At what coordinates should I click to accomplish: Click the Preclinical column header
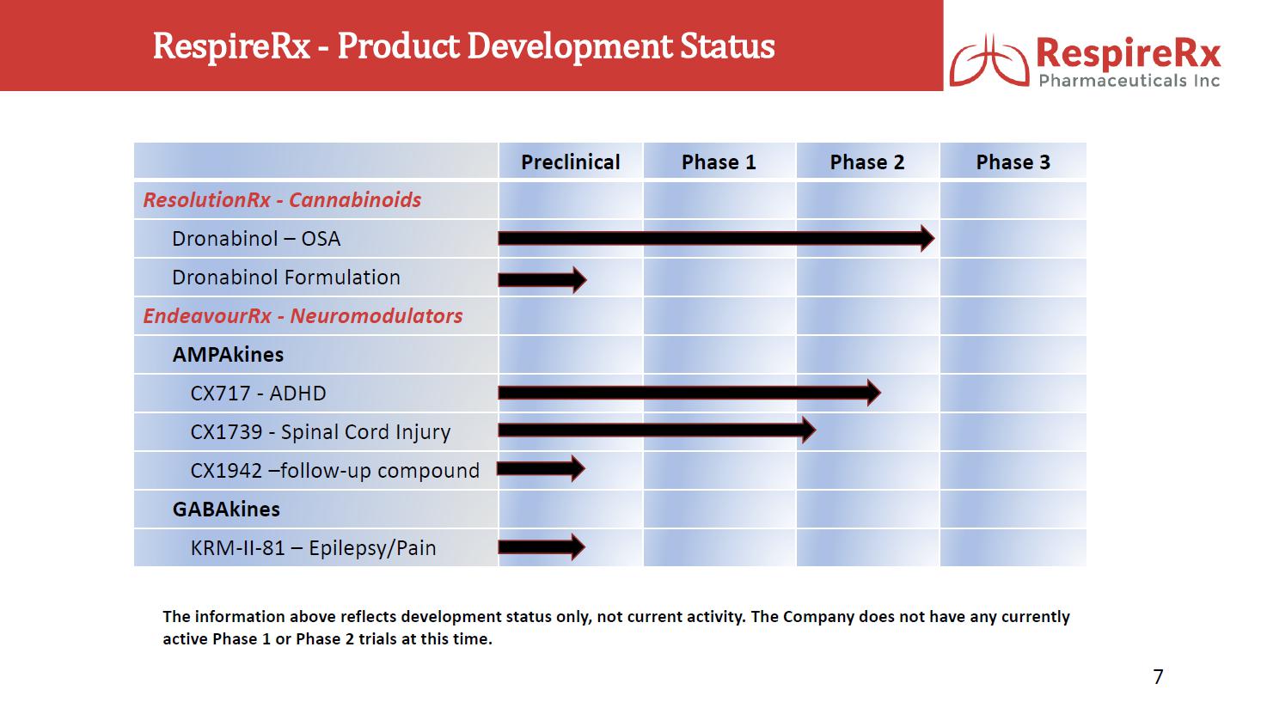(x=570, y=162)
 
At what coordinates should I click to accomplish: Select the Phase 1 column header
(x=719, y=162)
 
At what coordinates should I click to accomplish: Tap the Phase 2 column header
(x=867, y=162)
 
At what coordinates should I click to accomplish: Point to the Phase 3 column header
(x=1013, y=162)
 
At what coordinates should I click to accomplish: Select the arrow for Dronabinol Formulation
(x=542, y=279)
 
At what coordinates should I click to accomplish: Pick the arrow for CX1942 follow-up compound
(x=541, y=468)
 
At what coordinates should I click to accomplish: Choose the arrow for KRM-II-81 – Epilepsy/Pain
(x=542, y=546)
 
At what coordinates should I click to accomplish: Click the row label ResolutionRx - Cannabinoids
(x=282, y=200)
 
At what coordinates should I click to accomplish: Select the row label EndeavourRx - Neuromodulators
(x=303, y=315)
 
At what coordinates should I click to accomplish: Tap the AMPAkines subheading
(x=228, y=355)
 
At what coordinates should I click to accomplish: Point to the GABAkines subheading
(x=226, y=509)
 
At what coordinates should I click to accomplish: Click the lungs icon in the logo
(x=989, y=61)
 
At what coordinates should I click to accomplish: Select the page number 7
(x=1158, y=676)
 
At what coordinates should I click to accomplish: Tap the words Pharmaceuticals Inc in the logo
(x=1129, y=81)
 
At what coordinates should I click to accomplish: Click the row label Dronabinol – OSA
(x=256, y=239)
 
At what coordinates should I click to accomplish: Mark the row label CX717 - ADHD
(x=259, y=394)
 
